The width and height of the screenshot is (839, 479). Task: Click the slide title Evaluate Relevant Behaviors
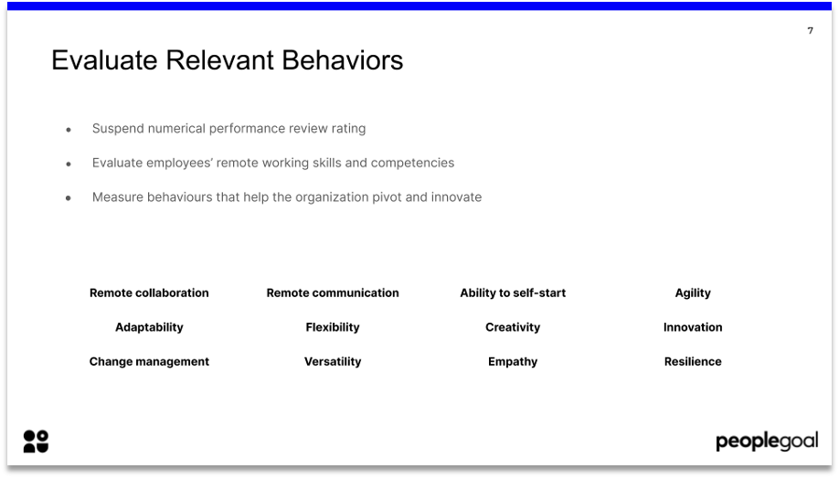pos(227,60)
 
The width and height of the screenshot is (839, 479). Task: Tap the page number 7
pos(810,31)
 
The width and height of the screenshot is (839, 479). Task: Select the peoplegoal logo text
pos(766,442)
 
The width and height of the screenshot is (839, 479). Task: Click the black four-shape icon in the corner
pos(36,442)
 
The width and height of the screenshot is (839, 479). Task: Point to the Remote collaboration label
pos(149,293)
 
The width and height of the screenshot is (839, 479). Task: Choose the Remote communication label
pos(333,293)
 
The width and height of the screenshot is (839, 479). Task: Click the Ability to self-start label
pos(513,293)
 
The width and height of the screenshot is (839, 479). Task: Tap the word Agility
pos(693,293)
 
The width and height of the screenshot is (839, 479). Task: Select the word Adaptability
pos(149,327)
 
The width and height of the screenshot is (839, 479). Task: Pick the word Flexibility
pos(333,327)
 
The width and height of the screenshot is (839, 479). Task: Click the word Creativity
pos(513,327)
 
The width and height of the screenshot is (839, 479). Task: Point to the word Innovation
pos(693,327)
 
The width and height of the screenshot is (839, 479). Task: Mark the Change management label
pos(149,362)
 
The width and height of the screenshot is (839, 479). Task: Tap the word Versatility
pos(333,362)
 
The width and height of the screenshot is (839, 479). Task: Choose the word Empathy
pos(513,362)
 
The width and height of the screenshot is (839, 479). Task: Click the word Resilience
pos(693,362)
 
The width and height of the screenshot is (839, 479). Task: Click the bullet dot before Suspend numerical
pos(69,130)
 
